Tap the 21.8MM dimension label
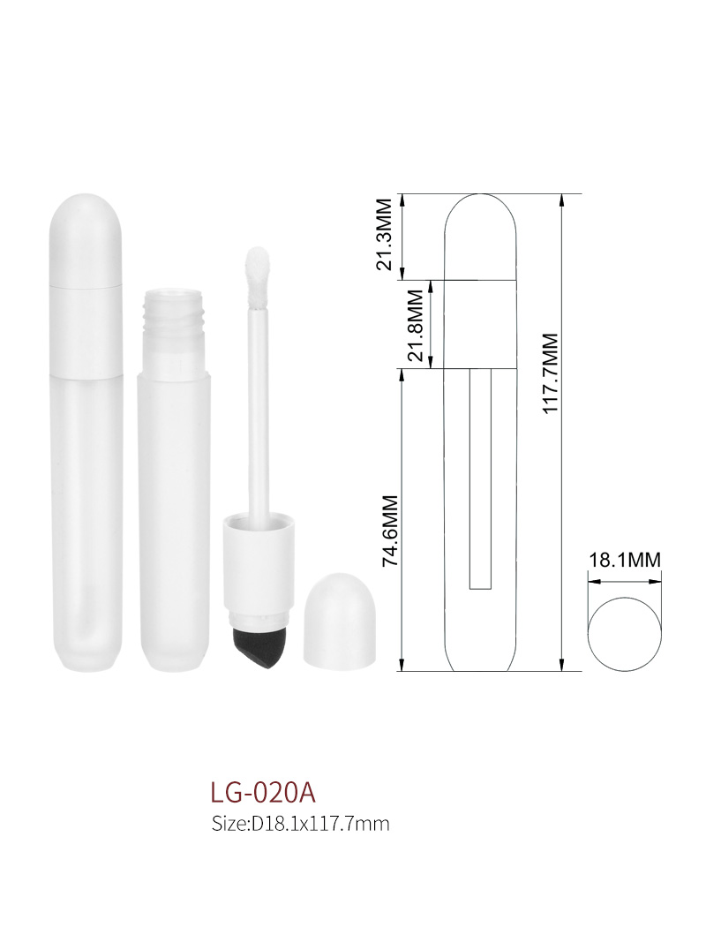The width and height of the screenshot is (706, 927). [416, 325]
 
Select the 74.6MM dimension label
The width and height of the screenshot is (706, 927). [391, 531]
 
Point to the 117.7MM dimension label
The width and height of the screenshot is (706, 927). [550, 373]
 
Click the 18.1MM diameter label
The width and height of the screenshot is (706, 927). [625, 559]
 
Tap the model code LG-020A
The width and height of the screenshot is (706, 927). [264, 793]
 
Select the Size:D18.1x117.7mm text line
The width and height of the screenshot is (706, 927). [300, 824]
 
